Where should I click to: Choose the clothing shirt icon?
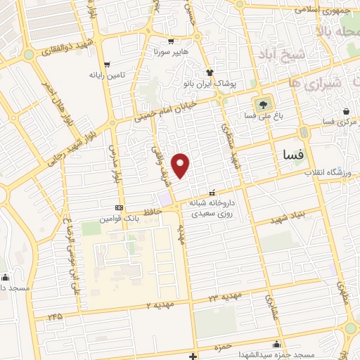[210, 72]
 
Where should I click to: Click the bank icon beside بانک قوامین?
[118, 208]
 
